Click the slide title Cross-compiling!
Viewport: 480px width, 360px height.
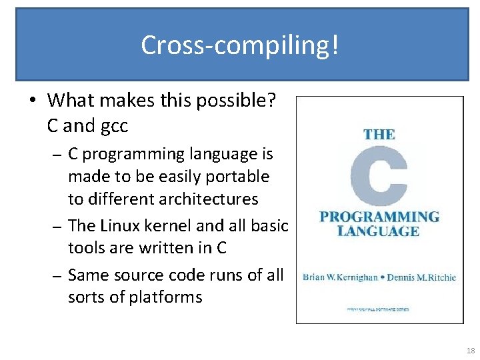240,45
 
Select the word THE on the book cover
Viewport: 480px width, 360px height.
379,134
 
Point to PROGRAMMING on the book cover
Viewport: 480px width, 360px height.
379,217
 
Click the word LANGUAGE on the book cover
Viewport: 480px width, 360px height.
379,231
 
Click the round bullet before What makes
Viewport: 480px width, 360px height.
33,101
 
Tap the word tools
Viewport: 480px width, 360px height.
86,248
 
